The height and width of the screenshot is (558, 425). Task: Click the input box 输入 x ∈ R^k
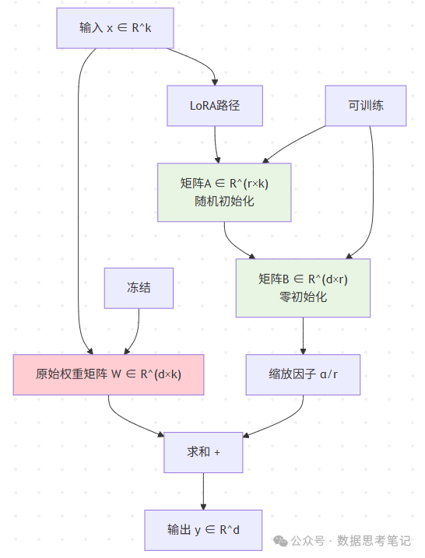[x=114, y=28]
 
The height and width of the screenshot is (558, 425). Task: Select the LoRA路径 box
[x=215, y=105]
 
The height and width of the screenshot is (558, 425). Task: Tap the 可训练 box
[x=366, y=105]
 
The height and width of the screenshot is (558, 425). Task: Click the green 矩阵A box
[x=224, y=192]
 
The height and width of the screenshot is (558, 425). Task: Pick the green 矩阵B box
[x=303, y=288]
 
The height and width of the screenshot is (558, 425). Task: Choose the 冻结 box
[x=139, y=287]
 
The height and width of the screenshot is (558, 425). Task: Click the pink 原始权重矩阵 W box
[x=108, y=374]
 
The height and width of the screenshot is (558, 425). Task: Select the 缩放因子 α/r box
[x=303, y=374]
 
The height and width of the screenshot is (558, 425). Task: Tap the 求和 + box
[x=203, y=452]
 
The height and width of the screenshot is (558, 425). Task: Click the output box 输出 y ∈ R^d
[x=203, y=530]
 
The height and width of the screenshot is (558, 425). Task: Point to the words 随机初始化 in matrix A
[x=224, y=201]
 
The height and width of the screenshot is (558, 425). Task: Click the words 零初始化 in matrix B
[x=303, y=297]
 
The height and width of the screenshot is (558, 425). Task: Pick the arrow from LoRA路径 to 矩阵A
[x=216, y=144]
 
